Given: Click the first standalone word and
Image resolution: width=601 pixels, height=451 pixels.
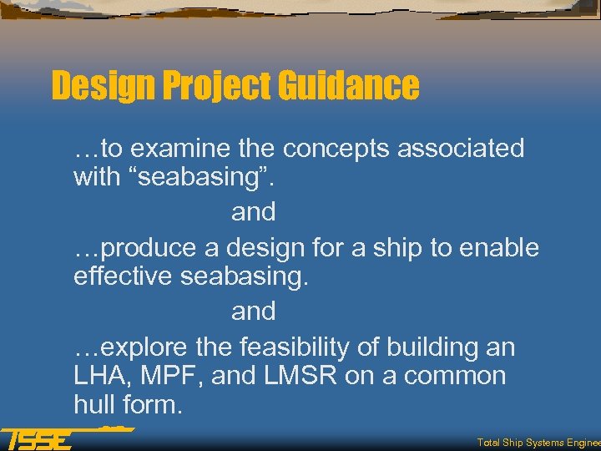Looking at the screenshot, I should click(x=253, y=212).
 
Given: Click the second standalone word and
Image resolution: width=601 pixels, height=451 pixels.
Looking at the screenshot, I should click(x=253, y=311).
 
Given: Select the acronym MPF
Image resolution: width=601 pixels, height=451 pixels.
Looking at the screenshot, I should click(x=171, y=376).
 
